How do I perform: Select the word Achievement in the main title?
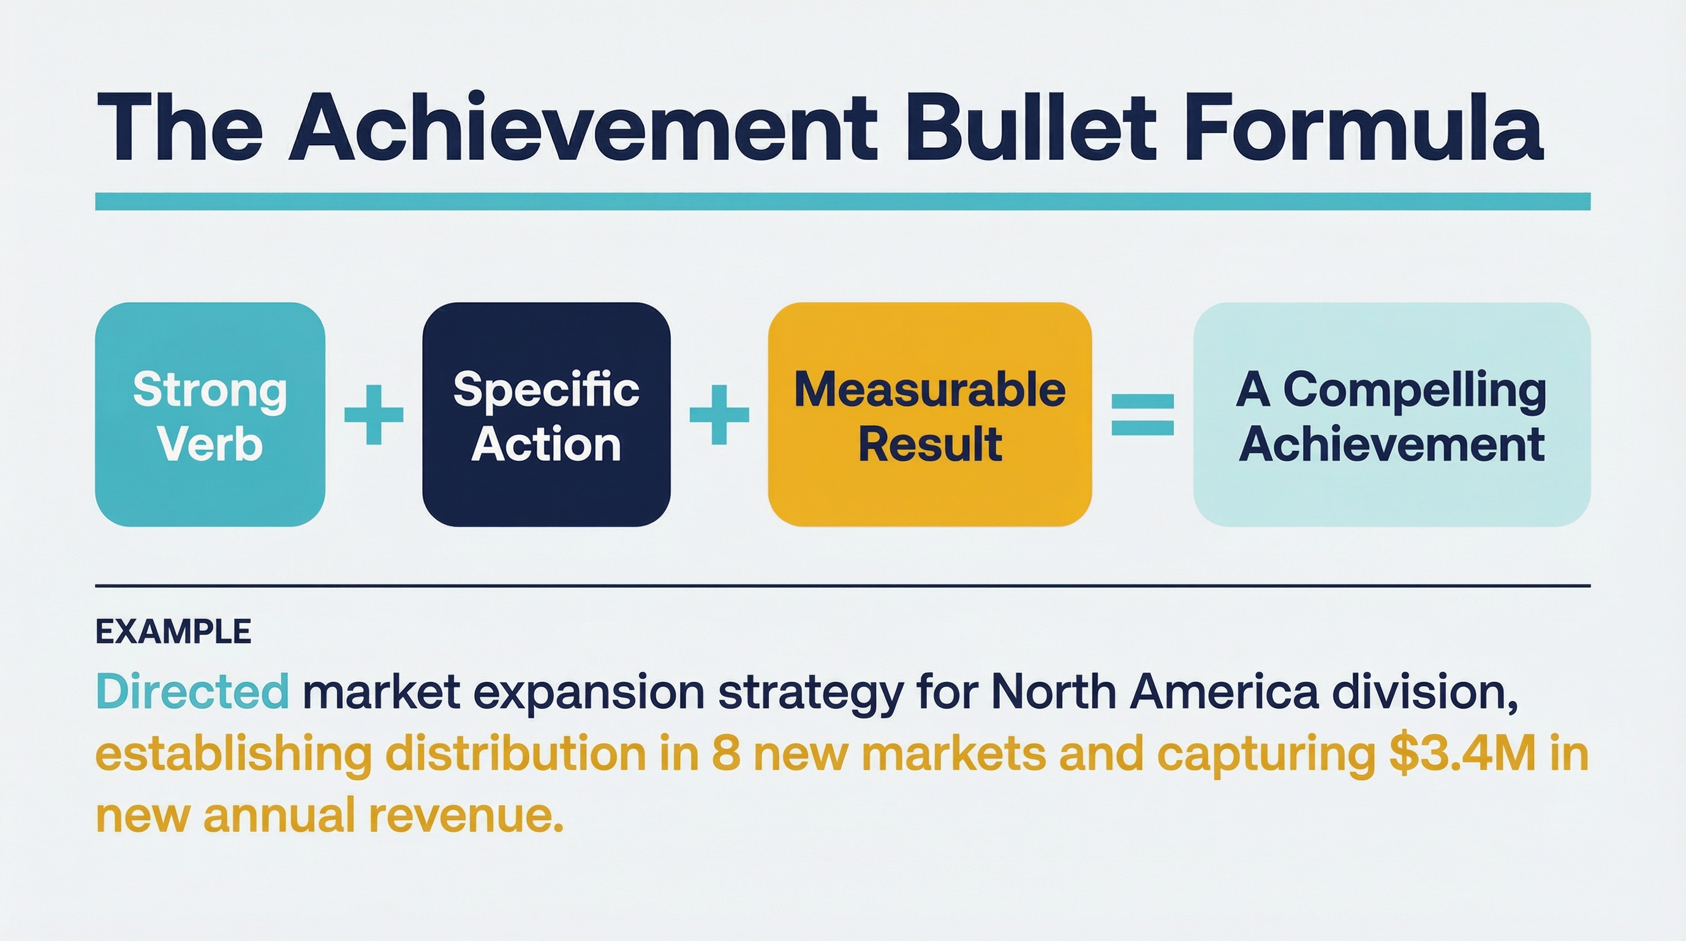coord(583,128)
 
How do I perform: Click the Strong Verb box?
coord(210,414)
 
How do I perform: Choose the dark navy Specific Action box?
coord(546,414)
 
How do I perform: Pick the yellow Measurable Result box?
coord(929,414)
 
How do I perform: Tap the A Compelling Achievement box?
coord(1391,414)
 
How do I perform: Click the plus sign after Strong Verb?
coord(374,415)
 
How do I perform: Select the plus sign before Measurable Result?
coord(719,415)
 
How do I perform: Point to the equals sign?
coord(1143,415)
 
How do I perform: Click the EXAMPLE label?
coord(173,632)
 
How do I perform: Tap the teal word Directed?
coord(192,690)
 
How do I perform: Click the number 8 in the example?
coord(726,754)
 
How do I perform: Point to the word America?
coord(1224,691)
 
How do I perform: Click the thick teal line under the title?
coord(843,202)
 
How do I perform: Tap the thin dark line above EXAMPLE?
coord(843,586)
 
